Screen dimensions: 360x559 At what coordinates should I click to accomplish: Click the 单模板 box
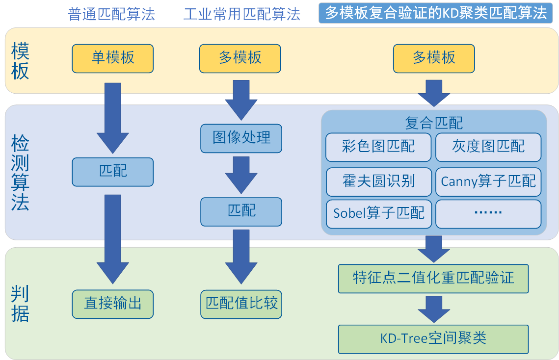(x=112, y=58)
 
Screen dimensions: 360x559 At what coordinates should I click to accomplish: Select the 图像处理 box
(x=241, y=138)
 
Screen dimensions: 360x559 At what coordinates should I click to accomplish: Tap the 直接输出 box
(x=112, y=304)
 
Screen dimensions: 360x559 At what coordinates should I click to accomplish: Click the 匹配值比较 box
(x=241, y=304)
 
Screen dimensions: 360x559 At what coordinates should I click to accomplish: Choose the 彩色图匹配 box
(x=378, y=147)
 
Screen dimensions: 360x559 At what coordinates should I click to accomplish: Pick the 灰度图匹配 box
(x=488, y=147)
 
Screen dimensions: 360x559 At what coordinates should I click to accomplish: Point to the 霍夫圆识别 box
(x=378, y=181)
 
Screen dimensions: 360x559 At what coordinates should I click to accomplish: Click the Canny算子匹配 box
(x=488, y=181)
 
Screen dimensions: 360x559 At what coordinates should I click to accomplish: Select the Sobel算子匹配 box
(x=378, y=213)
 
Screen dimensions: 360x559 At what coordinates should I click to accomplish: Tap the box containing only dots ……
(x=488, y=213)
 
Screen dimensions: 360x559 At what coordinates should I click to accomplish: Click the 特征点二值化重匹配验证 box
(x=433, y=278)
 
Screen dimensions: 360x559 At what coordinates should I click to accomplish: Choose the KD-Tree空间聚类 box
(x=433, y=338)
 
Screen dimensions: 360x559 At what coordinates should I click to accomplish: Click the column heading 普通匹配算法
(x=111, y=14)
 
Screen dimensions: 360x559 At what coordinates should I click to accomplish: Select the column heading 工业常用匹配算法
(x=241, y=14)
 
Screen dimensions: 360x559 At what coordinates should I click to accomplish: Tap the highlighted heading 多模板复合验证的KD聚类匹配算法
(x=435, y=13)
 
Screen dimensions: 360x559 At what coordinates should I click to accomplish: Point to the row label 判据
(x=20, y=304)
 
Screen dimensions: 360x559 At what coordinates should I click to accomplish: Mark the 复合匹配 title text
(x=434, y=122)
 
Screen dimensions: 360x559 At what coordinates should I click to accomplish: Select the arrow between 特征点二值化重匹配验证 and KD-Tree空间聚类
(x=433, y=309)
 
